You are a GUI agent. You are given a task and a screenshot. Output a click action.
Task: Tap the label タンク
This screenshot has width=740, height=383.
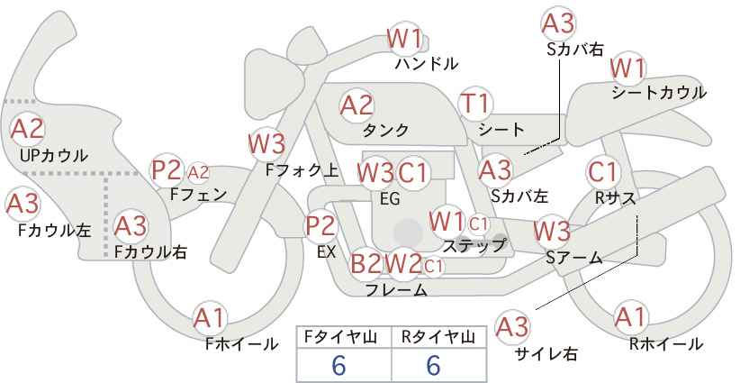pyautogui.click(x=385, y=130)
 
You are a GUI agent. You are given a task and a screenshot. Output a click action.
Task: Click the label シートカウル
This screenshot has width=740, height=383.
pyautogui.click(x=658, y=93)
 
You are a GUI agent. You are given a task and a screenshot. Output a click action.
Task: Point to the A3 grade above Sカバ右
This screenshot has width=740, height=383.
pyautogui.click(x=559, y=23)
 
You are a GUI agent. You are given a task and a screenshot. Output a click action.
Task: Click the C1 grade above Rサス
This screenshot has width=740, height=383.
pyautogui.click(x=602, y=171)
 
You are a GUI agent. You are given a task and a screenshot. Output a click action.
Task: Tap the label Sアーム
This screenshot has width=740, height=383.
pyautogui.click(x=573, y=258)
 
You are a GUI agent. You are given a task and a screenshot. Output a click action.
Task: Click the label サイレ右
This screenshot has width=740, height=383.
pyautogui.click(x=546, y=353)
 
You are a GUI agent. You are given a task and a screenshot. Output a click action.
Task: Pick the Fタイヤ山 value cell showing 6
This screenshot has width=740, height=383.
pyautogui.click(x=338, y=365)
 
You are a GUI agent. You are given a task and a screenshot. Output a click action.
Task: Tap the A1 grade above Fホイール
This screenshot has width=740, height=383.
pyautogui.click(x=210, y=317)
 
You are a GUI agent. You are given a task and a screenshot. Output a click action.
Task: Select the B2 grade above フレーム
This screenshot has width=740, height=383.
pyautogui.click(x=365, y=264)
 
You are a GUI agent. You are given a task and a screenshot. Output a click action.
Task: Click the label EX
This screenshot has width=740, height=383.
pyautogui.click(x=326, y=253)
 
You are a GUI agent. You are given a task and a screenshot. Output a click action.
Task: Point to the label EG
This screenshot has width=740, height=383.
pyautogui.click(x=390, y=198)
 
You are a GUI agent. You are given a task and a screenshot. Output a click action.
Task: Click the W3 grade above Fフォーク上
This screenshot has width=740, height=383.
pyautogui.click(x=266, y=142)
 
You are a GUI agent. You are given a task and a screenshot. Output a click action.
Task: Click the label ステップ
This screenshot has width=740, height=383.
pyautogui.click(x=474, y=244)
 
